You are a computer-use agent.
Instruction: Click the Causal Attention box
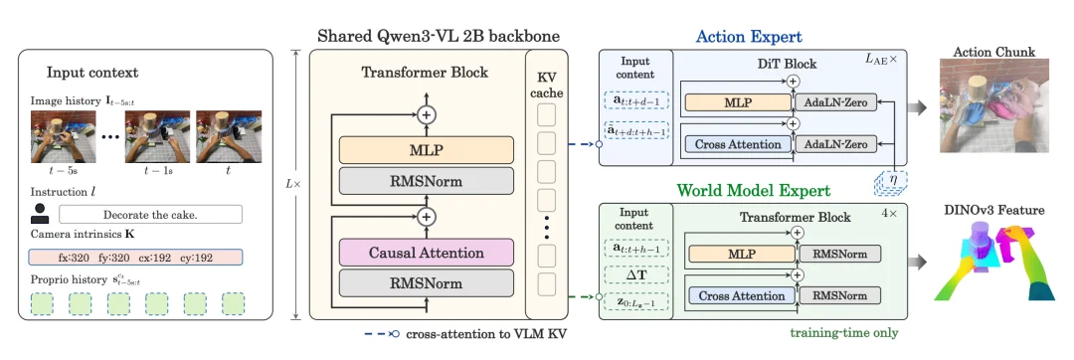(x=426, y=253)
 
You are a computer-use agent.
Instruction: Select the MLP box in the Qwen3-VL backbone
(x=426, y=150)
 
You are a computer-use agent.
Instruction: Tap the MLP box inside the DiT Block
(x=738, y=102)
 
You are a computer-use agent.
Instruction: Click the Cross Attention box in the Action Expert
(x=738, y=144)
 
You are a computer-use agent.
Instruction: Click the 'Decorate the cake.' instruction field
(x=151, y=214)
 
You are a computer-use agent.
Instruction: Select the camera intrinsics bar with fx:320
(x=135, y=258)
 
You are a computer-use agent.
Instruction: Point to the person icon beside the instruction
(x=40, y=214)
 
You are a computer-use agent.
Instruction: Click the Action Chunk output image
(x=993, y=105)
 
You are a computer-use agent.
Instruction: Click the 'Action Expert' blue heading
(x=749, y=36)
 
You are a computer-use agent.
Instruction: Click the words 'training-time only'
(x=844, y=333)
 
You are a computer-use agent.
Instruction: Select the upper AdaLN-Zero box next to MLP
(x=835, y=102)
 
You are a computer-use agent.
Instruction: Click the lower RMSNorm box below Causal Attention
(x=426, y=283)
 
